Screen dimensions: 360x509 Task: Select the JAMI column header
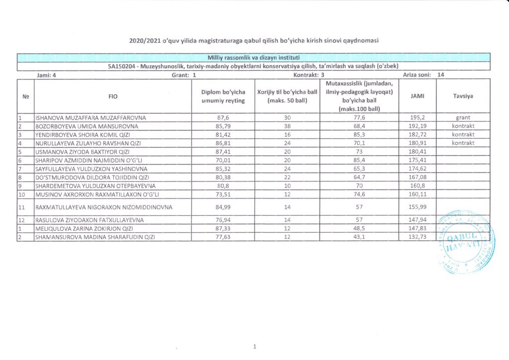point(418,96)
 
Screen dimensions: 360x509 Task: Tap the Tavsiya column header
point(463,96)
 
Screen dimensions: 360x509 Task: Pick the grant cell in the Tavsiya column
point(463,118)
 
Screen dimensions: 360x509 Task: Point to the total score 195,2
point(418,118)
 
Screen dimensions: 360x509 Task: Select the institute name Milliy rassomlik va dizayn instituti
point(254,57)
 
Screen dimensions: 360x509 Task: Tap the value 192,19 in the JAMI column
point(418,126)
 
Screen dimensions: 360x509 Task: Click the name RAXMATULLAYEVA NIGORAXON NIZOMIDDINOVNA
point(104,207)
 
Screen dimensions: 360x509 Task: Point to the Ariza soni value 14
point(440,75)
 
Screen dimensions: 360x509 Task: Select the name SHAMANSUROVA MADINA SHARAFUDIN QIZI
point(95,237)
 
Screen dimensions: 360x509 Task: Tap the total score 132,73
point(418,237)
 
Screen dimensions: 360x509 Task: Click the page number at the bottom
point(254,347)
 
